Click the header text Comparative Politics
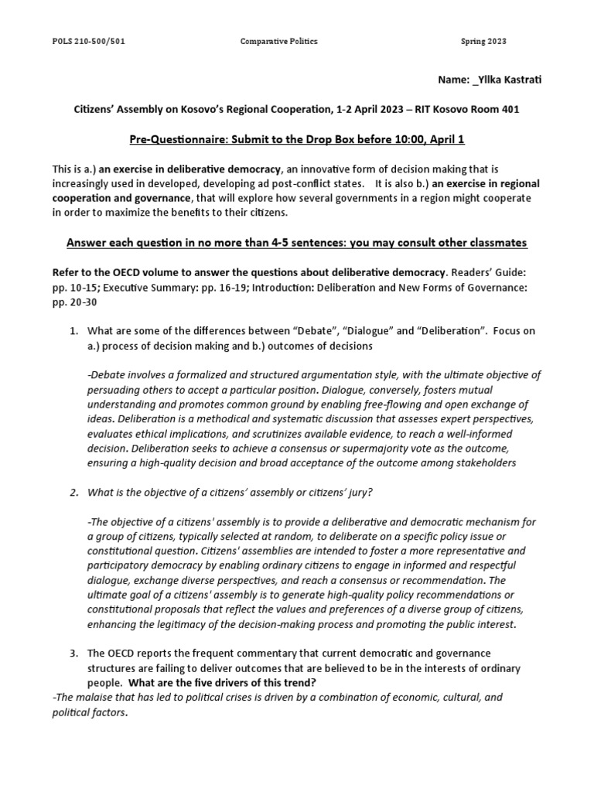coord(278,41)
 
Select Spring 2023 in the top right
coord(483,41)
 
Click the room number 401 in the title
coord(509,109)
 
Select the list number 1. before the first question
coord(75,331)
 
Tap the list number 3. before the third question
coord(75,654)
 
